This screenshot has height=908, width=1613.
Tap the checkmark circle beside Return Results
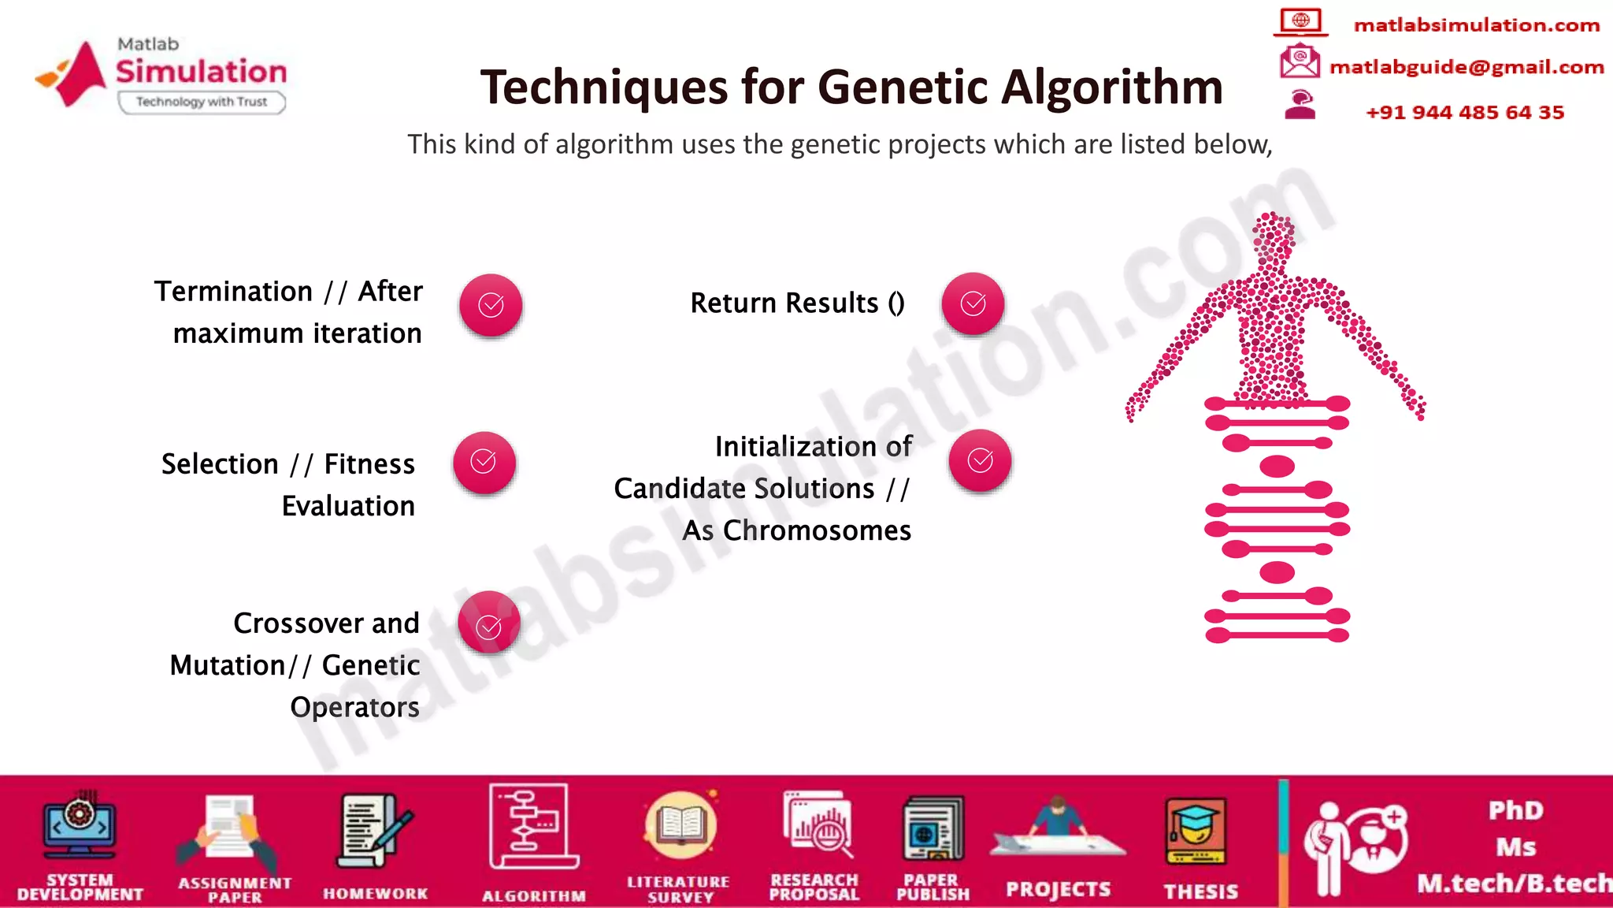tap(973, 303)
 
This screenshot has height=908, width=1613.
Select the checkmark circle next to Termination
tap(491, 305)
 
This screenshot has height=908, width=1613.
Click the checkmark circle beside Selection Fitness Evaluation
tap(484, 462)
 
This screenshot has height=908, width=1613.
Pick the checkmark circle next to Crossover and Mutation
tap(489, 622)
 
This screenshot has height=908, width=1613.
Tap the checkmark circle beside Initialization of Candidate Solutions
tap(980, 460)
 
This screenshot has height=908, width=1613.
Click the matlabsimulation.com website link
tap(1476, 25)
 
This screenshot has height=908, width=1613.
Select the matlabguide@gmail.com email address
tap(1466, 67)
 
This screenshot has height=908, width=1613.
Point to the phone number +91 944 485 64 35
tap(1464, 112)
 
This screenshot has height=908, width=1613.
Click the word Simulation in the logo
tap(202, 72)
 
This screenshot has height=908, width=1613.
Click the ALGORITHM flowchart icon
tap(532, 828)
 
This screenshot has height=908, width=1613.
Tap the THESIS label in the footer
tap(1200, 891)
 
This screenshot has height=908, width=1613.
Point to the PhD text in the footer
tap(1515, 810)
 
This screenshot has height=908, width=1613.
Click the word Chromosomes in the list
tap(817, 530)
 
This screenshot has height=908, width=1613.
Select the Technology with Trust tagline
tap(202, 102)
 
